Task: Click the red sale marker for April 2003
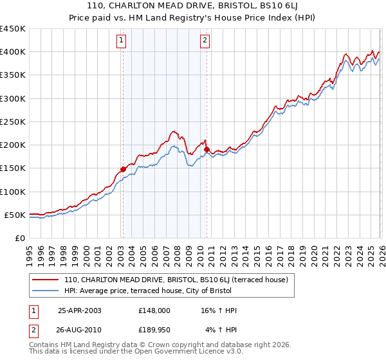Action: click(123, 170)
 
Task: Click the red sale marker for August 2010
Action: click(207, 150)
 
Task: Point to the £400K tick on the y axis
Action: click(12, 52)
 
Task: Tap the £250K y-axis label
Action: click(12, 122)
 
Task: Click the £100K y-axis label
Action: click(12, 192)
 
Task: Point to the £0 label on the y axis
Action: click(20, 238)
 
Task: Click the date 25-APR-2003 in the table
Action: click(79, 310)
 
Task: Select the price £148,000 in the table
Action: click(154, 310)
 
